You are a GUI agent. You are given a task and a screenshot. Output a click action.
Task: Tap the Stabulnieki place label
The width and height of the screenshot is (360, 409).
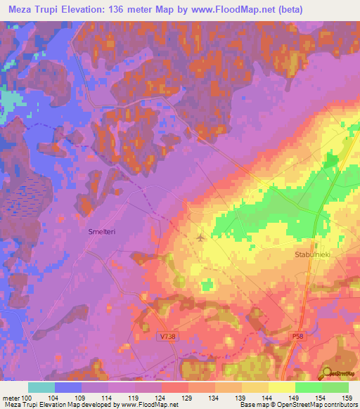pyautogui.click(x=312, y=257)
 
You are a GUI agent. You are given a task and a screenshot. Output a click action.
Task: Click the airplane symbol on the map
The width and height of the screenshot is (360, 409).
pyautogui.click(x=202, y=238)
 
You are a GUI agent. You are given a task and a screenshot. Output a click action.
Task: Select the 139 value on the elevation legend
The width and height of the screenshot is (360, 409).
pyautogui.click(x=241, y=397)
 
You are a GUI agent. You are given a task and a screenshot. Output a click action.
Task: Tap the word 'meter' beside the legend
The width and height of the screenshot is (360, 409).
pyautogui.click(x=11, y=397)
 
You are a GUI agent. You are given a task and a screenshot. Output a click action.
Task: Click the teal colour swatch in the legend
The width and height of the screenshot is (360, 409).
pyautogui.click(x=41, y=387)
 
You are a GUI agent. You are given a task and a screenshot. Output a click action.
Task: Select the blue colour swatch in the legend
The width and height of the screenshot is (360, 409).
pyautogui.click(x=68, y=387)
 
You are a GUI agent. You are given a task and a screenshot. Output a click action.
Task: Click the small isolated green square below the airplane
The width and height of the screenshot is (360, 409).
pyautogui.click(x=207, y=284)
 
